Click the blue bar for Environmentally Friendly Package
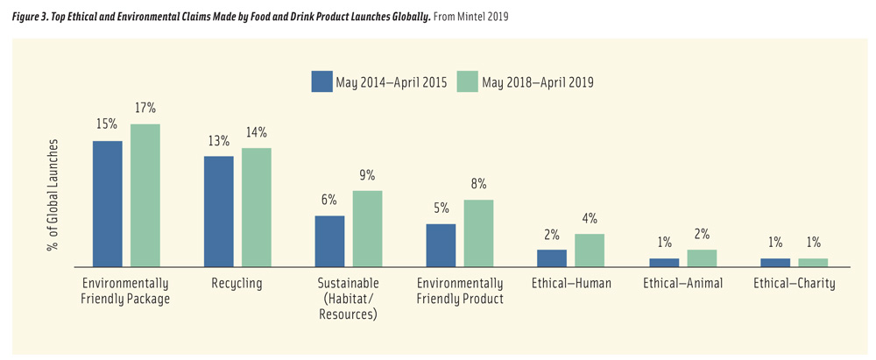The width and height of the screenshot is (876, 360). point(108,203)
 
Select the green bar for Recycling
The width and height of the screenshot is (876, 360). point(257,207)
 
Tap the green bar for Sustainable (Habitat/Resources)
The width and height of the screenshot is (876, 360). point(367,228)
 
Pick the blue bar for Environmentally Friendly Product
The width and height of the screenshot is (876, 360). point(441,244)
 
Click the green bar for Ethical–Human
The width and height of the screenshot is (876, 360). point(590,250)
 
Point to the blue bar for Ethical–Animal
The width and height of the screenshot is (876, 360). point(663,262)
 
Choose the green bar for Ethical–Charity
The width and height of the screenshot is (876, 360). point(812,262)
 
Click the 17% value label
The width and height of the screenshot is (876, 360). point(145,109)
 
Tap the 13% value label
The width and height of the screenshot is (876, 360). point(218,141)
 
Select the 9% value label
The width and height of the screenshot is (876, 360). point(367,175)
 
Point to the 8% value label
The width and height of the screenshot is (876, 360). point(478,184)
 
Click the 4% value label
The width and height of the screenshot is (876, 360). point(590,218)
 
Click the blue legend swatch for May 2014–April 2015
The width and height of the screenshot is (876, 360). point(321,81)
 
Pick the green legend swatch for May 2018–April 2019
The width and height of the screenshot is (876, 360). point(467,81)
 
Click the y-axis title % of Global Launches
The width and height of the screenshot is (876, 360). point(53,194)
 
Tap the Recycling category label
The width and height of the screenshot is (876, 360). point(237,284)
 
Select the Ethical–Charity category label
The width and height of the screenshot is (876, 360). point(794,284)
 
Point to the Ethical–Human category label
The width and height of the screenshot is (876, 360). point(571,284)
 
